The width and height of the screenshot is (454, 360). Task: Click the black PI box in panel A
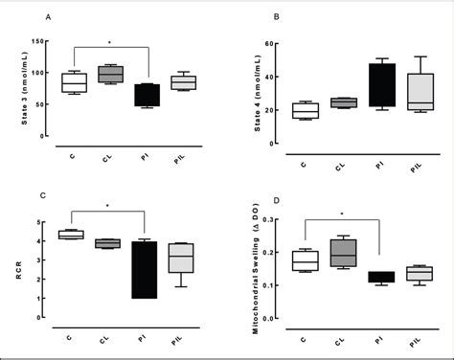pyautogui.click(x=148, y=95)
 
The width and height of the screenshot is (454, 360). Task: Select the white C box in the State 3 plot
pyautogui.click(x=74, y=82)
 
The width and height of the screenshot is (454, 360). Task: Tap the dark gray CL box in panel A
pyautogui.click(x=111, y=73)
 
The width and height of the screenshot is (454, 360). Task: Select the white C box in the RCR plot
pyautogui.click(x=73, y=234)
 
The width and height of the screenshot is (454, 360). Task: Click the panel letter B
pyautogui.click(x=276, y=17)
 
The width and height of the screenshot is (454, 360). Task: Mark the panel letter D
pyautogui.click(x=276, y=202)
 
